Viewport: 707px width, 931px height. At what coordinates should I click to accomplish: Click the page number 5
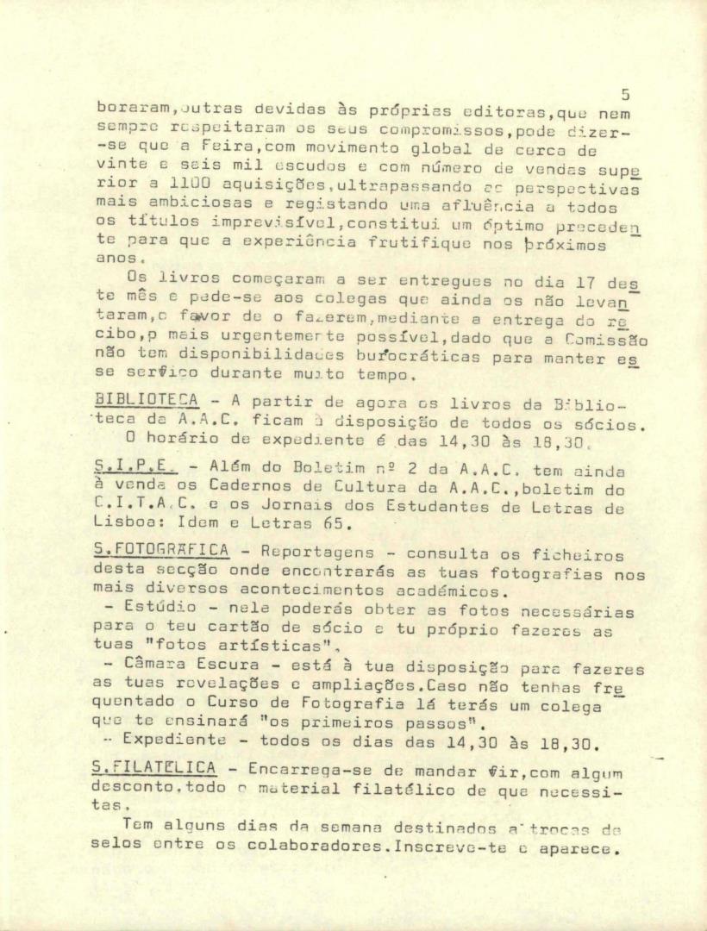point(624,96)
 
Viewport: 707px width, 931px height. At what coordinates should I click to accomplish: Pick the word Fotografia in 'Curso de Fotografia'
point(303,703)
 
